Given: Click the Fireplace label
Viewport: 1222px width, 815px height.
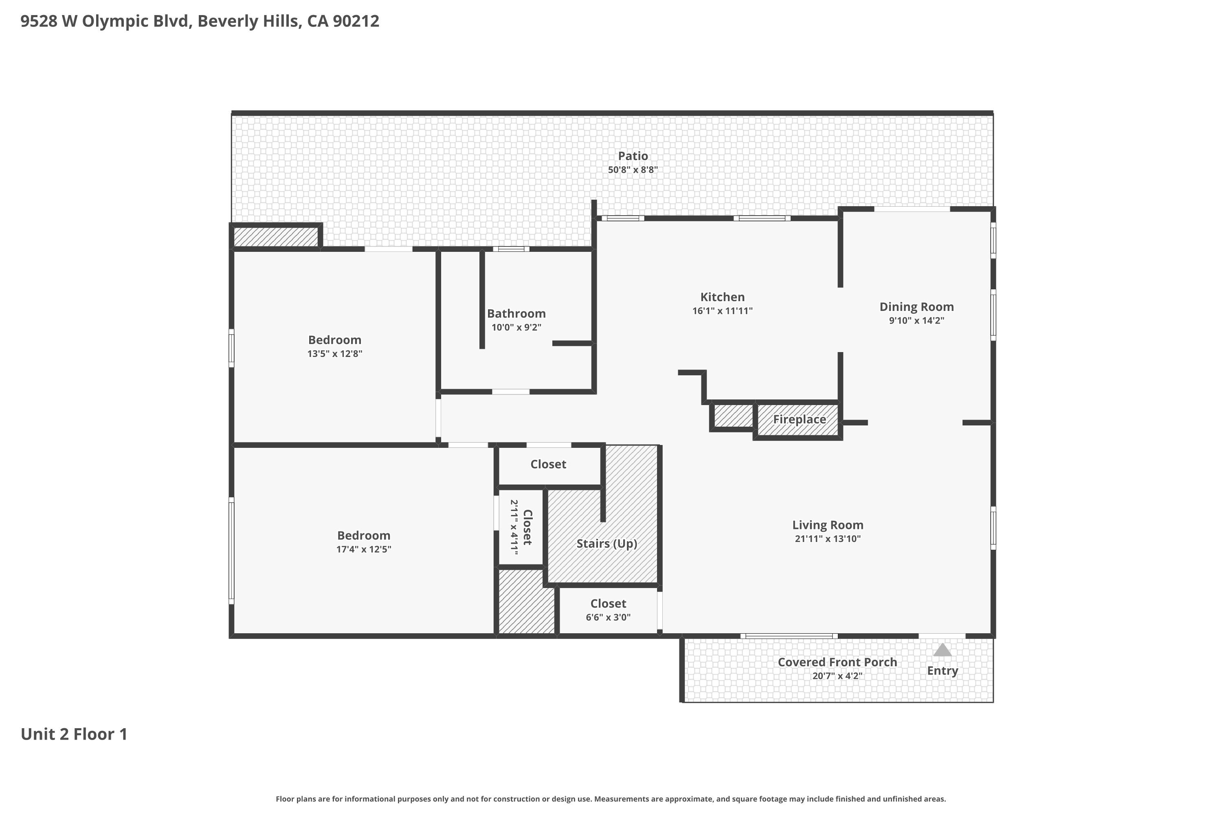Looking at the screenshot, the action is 799,419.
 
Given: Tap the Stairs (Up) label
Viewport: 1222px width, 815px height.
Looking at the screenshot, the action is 607,544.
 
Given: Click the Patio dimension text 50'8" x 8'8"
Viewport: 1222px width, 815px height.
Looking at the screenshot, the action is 633,170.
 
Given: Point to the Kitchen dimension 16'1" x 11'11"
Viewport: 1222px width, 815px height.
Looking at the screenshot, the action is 722,311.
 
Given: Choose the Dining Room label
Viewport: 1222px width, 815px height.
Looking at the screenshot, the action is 916,307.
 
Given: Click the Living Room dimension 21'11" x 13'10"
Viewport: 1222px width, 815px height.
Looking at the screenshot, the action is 828,538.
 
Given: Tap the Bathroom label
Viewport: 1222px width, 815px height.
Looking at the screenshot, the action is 516,313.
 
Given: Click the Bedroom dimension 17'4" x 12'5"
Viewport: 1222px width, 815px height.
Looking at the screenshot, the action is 364,549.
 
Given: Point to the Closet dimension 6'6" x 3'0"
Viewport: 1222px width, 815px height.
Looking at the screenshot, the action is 608,617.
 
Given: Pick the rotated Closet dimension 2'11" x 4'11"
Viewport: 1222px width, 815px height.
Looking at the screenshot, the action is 514,528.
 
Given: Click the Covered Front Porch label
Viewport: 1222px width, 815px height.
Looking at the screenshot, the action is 837,662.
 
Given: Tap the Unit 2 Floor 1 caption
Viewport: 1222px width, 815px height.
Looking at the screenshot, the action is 74,734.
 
